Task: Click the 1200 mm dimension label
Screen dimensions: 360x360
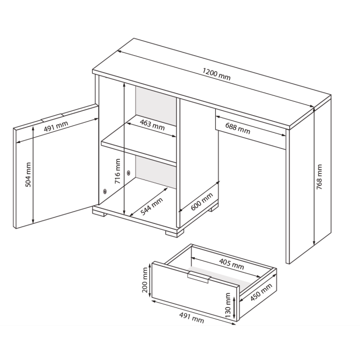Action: tap(216, 74)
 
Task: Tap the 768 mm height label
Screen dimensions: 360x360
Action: tap(319, 177)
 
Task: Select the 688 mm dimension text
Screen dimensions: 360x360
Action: tap(238, 129)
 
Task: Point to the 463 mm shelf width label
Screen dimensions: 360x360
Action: tap(152, 125)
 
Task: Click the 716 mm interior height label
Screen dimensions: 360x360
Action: tap(117, 171)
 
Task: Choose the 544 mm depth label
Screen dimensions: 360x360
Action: tap(152, 206)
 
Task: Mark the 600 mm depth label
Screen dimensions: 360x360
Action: tap(202, 201)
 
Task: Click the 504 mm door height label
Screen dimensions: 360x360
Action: tap(28, 175)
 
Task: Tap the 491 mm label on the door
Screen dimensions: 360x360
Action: tap(56, 126)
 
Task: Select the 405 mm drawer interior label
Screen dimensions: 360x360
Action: tap(231, 264)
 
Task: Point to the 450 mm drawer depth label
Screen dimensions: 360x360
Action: tap(261, 292)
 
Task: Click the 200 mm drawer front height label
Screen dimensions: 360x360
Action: tap(145, 280)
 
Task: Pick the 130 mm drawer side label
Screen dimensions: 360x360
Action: tap(228, 305)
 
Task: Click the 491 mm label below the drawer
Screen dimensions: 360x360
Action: tap(191, 318)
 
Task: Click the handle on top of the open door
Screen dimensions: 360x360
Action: tap(51, 117)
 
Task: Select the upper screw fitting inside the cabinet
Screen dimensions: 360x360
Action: tap(129, 172)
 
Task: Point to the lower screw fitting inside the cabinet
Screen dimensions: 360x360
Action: tap(105, 191)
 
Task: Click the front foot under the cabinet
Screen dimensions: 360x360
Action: tap(175, 233)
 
